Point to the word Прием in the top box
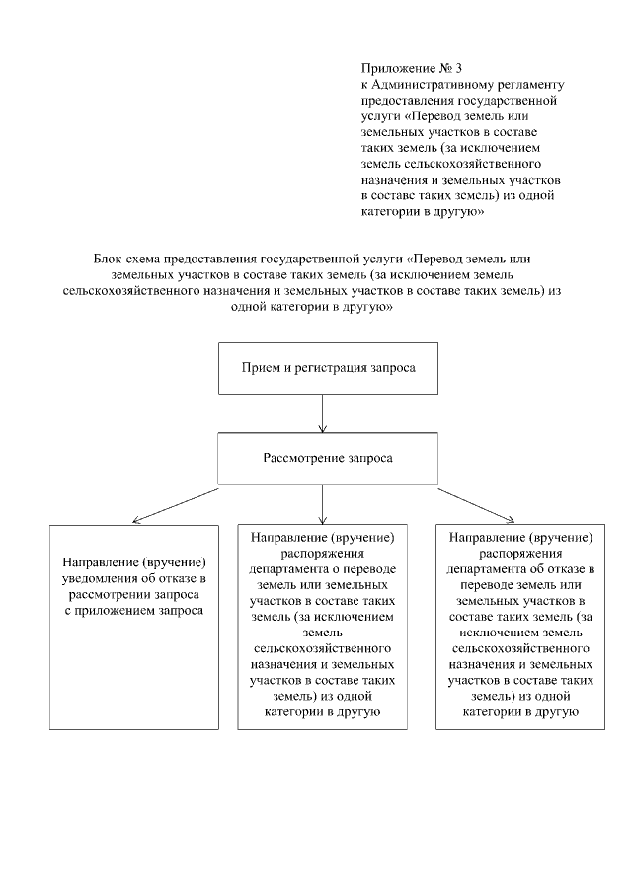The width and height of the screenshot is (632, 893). pos(259,367)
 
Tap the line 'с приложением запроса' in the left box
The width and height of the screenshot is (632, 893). pos(133,611)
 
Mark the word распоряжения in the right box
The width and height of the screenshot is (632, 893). pos(520,554)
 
